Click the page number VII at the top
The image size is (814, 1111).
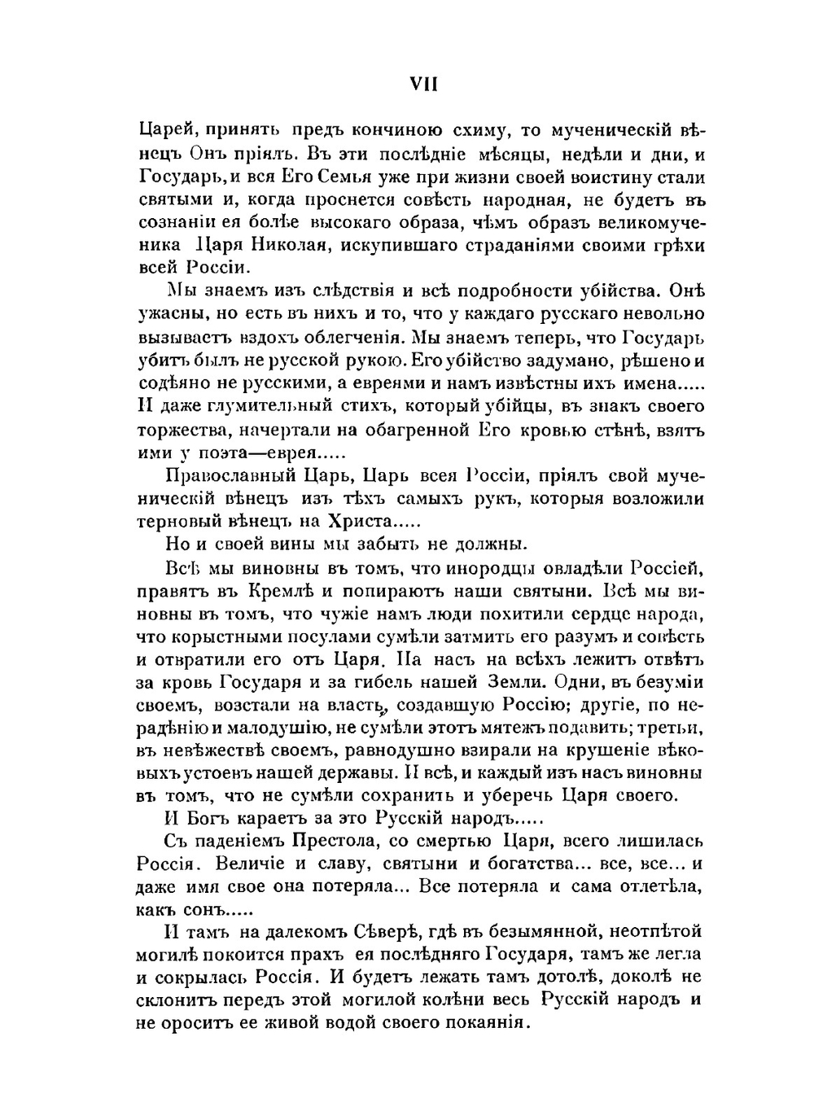[x=422, y=84]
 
